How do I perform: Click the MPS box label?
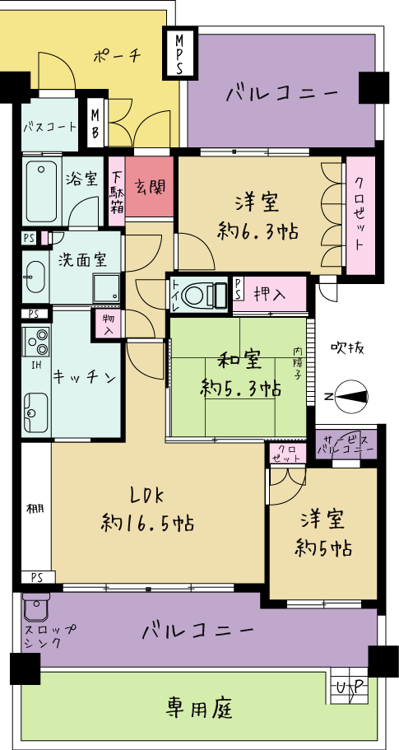179,53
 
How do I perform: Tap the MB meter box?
95,123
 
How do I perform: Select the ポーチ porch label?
117,57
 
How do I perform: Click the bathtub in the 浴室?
42,191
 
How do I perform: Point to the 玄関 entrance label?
149,188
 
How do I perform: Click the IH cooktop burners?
36,342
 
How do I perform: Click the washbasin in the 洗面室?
35,277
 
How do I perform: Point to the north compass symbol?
351,396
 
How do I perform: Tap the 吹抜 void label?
348,348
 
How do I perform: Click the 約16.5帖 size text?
147,524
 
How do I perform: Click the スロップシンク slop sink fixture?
36,608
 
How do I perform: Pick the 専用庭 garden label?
200,707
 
